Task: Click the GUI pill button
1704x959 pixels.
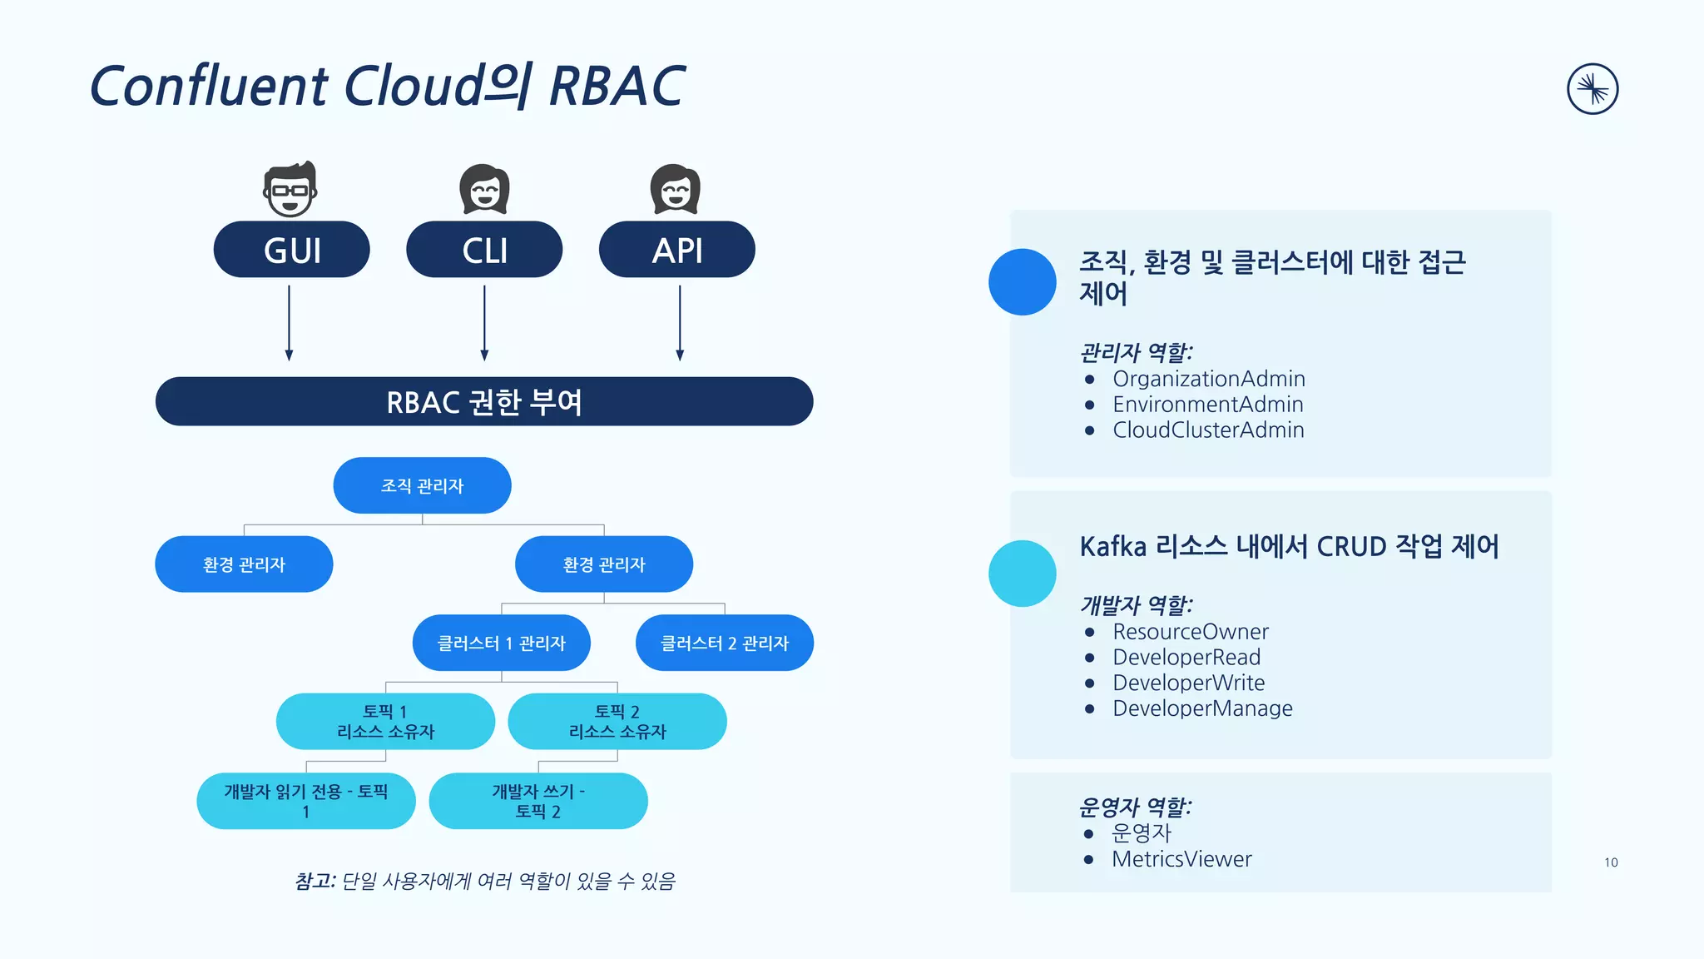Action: pyautogui.click(x=291, y=250)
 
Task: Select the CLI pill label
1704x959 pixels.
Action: pyautogui.click(x=484, y=250)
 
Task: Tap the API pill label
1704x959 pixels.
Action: pyautogui.click(x=676, y=250)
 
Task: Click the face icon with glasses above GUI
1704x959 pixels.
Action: pyautogui.click(x=290, y=190)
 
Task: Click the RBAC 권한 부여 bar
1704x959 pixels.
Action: pyautogui.click(x=483, y=402)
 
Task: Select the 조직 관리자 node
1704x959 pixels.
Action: pyautogui.click(x=422, y=485)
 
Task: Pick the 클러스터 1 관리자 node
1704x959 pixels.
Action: pyautogui.click(x=501, y=643)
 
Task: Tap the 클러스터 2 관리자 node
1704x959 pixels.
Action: pyautogui.click(x=724, y=643)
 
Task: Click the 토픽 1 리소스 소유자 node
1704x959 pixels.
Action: pyautogui.click(x=385, y=722)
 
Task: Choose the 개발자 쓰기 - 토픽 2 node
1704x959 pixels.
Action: pyautogui.click(x=537, y=801)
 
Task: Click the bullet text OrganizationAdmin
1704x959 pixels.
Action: pyautogui.click(x=1208, y=379)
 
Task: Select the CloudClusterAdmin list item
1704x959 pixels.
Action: pyautogui.click(x=1208, y=430)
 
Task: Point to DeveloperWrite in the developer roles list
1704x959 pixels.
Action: pyautogui.click(x=1188, y=683)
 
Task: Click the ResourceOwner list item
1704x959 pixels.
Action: pyautogui.click(x=1190, y=632)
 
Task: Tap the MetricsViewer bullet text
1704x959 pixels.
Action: pyautogui.click(x=1181, y=859)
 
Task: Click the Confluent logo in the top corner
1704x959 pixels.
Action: pyautogui.click(x=1592, y=89)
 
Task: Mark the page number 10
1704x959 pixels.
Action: pyautogui.click(x=1611, y=862)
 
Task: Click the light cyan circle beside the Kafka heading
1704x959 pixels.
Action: pyautogui.click(x=1022, y=574)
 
